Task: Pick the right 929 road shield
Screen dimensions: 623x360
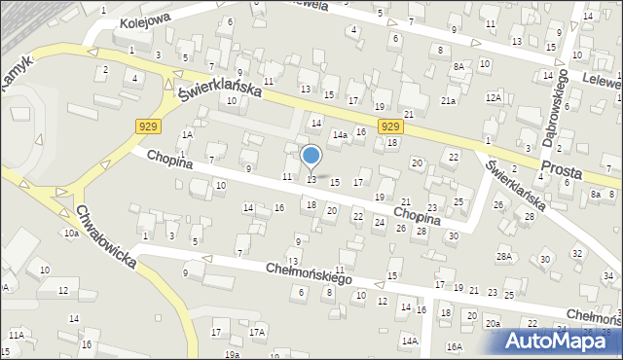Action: pyautogui.click(x=389, y=126)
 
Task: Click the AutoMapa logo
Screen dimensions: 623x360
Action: pyautogui.click(x=562, y=340)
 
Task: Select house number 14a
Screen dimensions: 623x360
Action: pyautogui.click(x=339, y=137)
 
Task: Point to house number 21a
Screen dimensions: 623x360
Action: pyautogui.click(x=448, y=100)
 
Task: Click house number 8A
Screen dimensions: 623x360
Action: pyautogui.click(x=458, y=66)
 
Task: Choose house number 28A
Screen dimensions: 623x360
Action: pyautogui.click(x=503, y=256)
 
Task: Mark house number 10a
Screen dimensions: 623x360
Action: pyautogui.click(x=71, y=234)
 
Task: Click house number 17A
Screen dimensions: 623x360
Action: pyautogui.click(x=256, y=333)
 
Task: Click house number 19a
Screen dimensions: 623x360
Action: pyautogui.click(x=231, y=354)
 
